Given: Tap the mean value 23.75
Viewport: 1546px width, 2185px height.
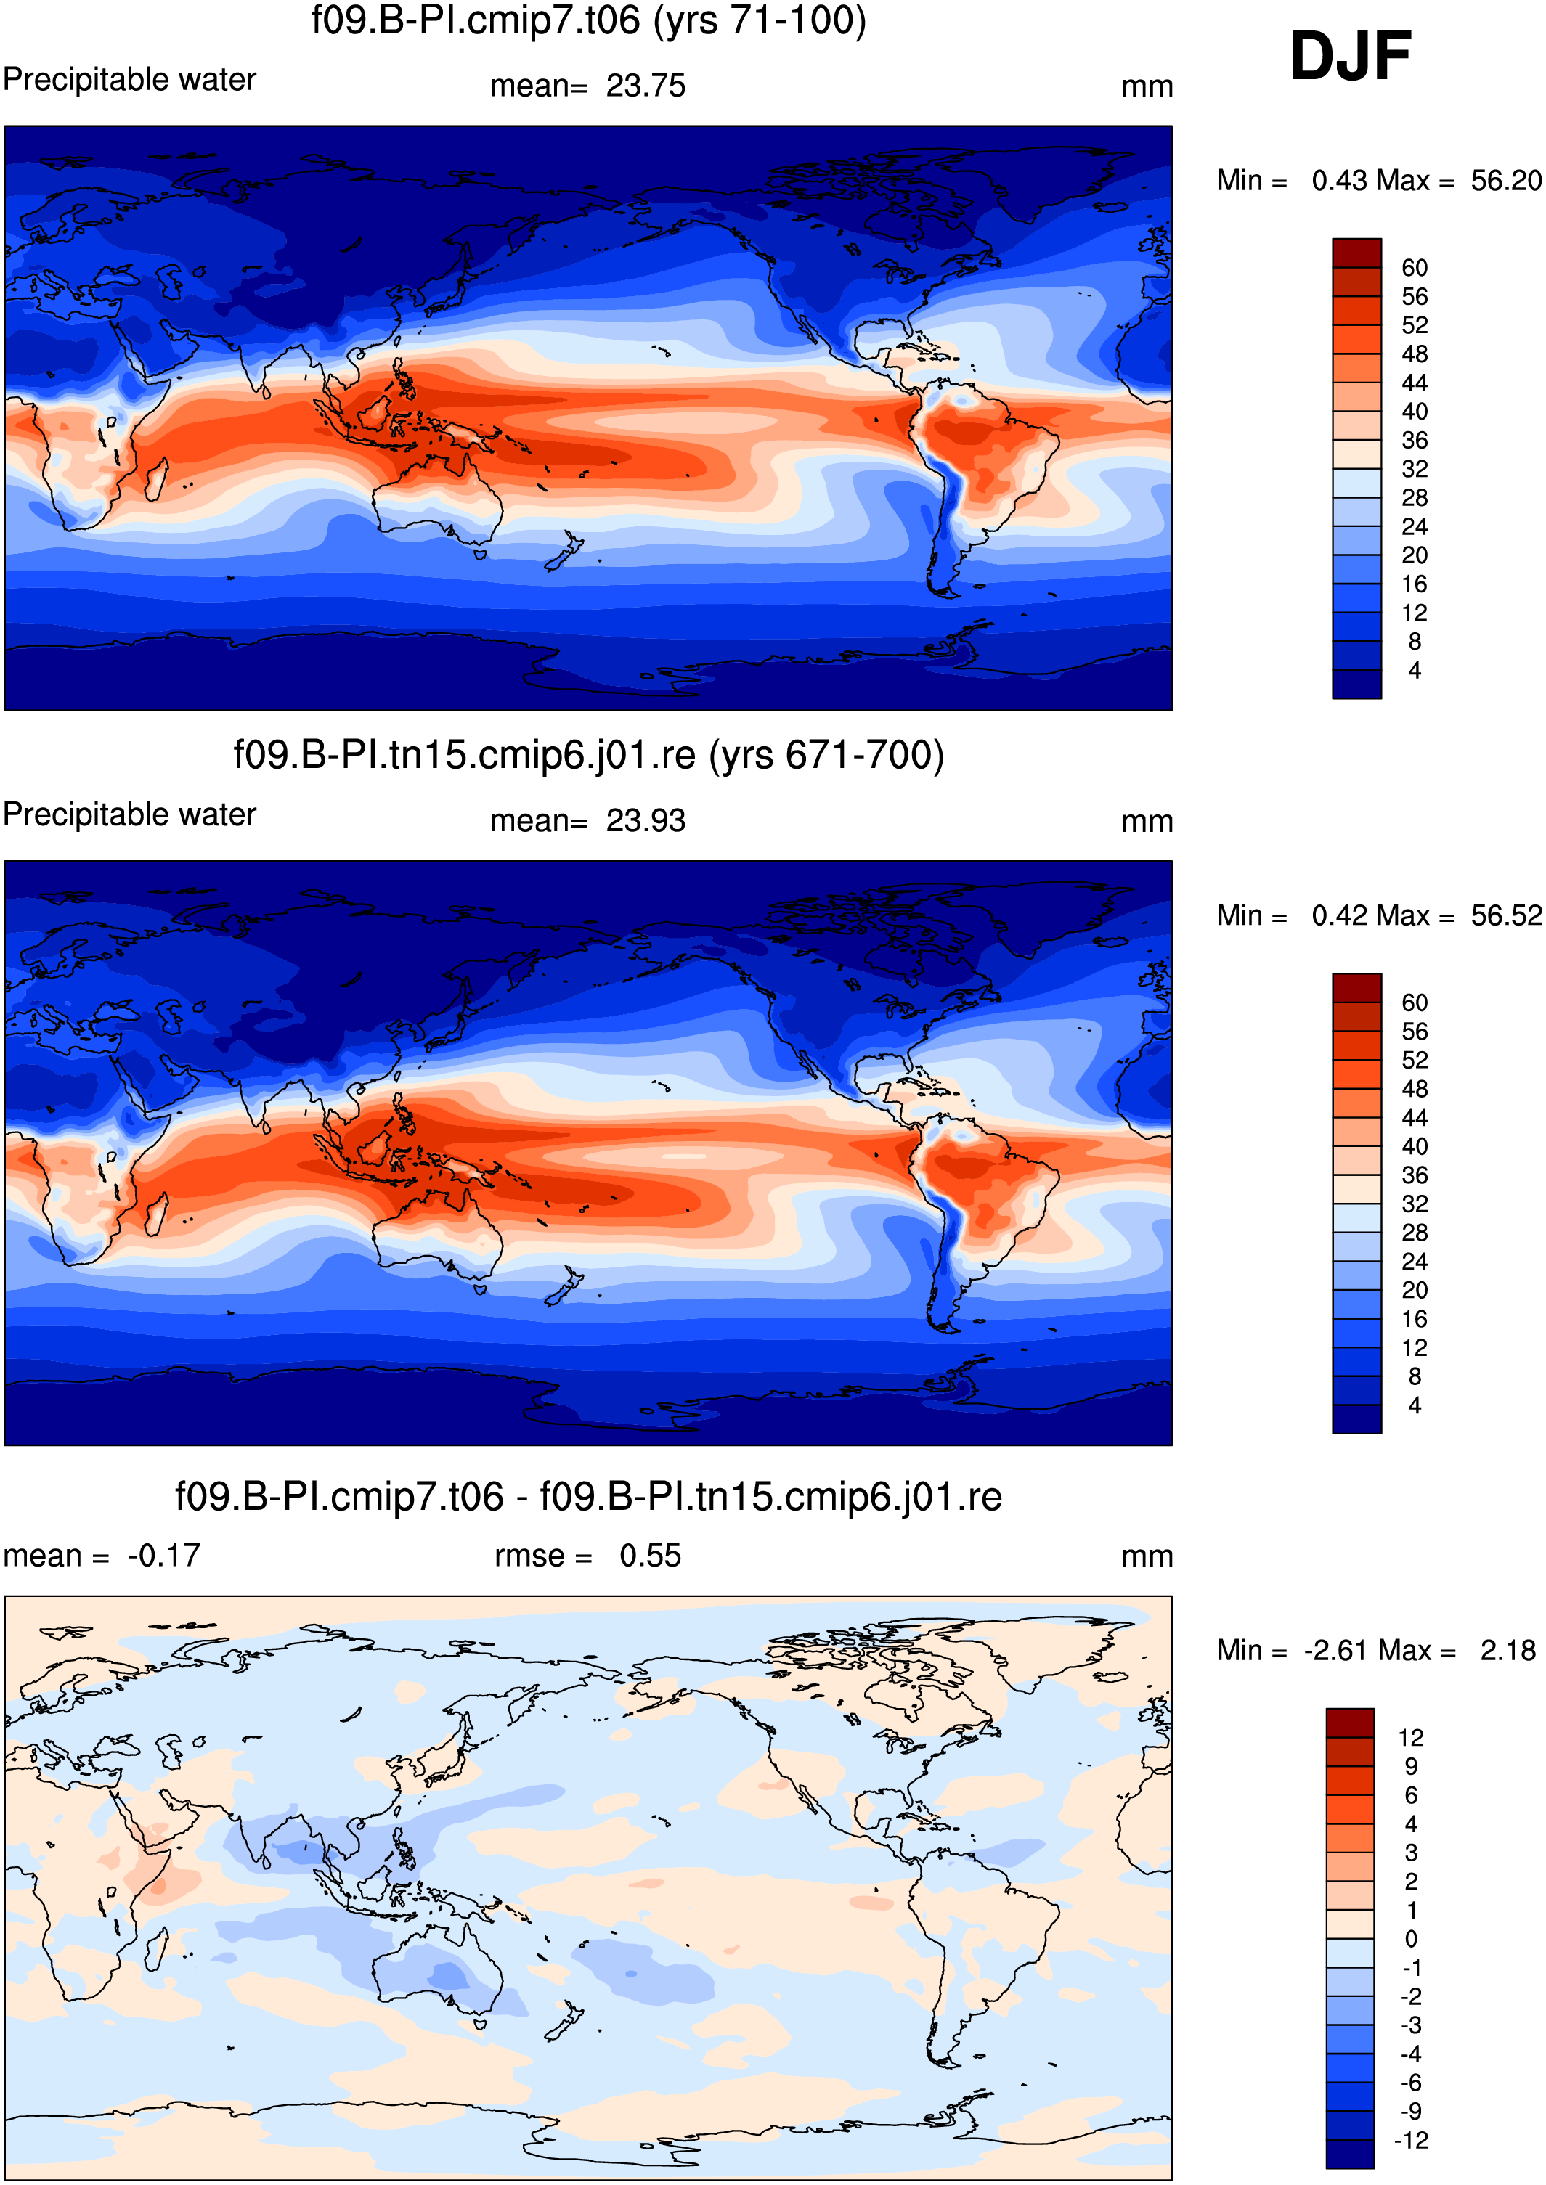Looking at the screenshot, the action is (x=646, y=86).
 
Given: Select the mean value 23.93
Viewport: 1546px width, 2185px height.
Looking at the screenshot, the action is (x=646, y=820).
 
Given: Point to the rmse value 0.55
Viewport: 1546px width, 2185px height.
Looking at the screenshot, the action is (x=650, y=1555).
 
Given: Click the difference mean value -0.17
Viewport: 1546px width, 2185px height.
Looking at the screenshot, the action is (x=163, y=1555).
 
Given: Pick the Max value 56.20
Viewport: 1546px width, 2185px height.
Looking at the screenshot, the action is (x=1505, y=180).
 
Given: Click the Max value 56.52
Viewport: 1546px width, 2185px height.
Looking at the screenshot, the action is (x=1505, y=915).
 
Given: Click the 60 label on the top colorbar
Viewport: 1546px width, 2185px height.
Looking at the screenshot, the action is (x=1415, y=267).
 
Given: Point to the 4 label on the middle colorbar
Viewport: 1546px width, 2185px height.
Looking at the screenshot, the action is (x=1415, y=1405).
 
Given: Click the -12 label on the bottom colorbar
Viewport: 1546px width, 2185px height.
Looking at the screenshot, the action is (x=1411, y=2140).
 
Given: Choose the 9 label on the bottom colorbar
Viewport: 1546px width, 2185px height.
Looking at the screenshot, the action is (x=1411, y=1766).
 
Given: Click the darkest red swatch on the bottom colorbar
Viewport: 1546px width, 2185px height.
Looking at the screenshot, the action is (x=1350, y=1723).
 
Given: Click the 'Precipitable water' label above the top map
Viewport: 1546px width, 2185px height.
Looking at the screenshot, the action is (x=129, y=79).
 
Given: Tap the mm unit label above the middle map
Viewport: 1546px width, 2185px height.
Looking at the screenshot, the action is (x=1147, y=821).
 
